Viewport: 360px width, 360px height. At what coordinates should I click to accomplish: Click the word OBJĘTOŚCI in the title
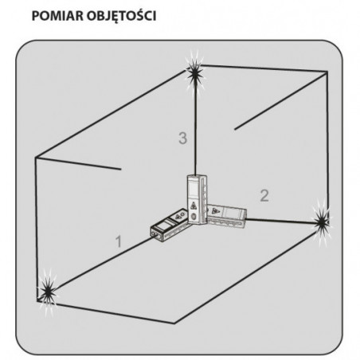(121, 16)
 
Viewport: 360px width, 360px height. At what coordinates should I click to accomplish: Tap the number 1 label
(119, 241)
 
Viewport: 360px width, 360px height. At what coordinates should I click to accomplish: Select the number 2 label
(264, 196)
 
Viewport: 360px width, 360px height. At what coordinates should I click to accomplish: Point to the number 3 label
(182, 138)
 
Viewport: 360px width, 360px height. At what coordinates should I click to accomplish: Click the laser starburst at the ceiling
(195, 73)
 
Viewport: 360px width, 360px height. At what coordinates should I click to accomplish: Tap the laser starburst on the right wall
(322, 222)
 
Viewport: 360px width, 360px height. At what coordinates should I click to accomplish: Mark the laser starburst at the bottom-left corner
(48, 292)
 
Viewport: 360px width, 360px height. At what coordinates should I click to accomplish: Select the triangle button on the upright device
(193, 206)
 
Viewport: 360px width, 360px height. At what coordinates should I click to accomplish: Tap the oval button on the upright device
(194, 217)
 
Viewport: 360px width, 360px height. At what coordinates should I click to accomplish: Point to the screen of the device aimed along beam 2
(231, 213)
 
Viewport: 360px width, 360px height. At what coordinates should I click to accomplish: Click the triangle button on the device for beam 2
(214, 211)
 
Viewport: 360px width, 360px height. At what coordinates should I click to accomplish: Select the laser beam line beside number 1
(104, 264)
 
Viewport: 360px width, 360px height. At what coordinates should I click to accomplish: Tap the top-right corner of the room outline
(327, 72)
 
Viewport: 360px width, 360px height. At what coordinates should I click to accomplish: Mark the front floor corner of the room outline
(174, 323)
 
